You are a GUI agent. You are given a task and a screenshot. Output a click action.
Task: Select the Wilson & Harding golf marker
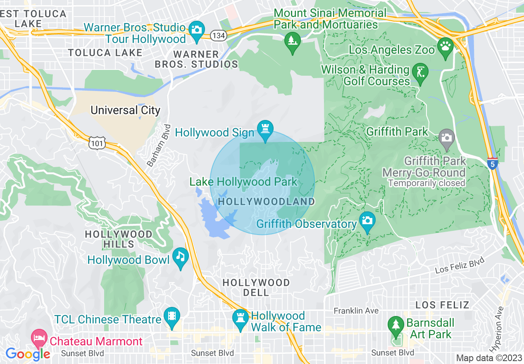(x=420, y=73)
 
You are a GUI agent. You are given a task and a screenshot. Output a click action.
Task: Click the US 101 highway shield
(x=97, y=143)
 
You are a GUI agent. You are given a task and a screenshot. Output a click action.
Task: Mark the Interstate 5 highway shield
(x=492, y=163)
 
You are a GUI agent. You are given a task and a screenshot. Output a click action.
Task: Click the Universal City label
(x=125, y=110)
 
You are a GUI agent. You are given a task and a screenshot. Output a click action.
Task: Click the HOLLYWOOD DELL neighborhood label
(x=256, y=287)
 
